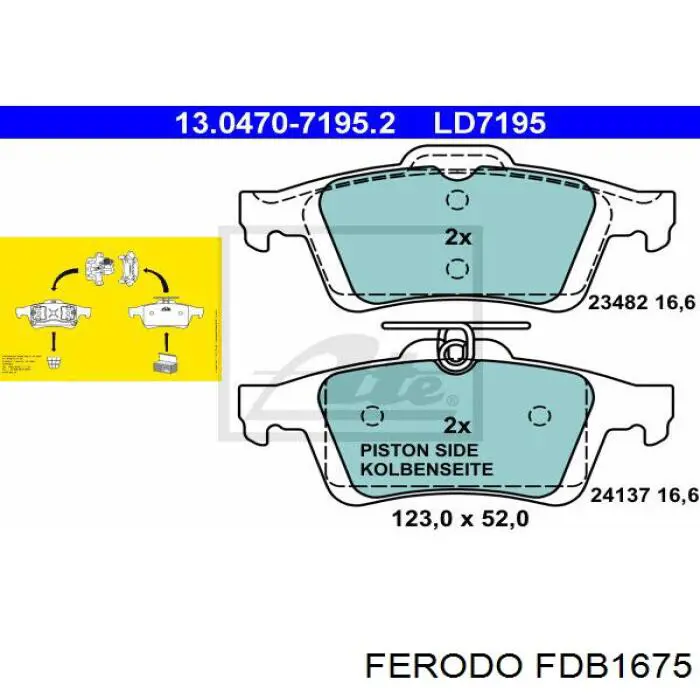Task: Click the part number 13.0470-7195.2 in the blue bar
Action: click(285, 123)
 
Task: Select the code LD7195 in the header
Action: click(489, 123)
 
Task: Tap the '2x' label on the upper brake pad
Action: click(457, 237)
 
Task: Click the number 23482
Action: click(618, 303)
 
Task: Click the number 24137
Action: click(618, 492)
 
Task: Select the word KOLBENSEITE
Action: click(426, 468)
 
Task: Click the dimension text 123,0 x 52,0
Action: click(458, 519)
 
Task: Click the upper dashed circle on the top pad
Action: click(457, 201)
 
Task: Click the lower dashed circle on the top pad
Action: click(457, 268)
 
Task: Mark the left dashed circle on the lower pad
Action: click(373, 417)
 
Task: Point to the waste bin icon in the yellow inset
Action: click(53, 359)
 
